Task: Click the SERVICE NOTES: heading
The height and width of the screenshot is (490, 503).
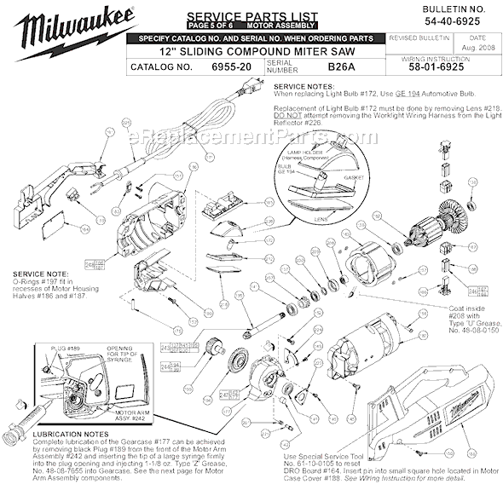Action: [300, 87]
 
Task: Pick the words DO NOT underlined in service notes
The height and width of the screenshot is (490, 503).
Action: [286, 114]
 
